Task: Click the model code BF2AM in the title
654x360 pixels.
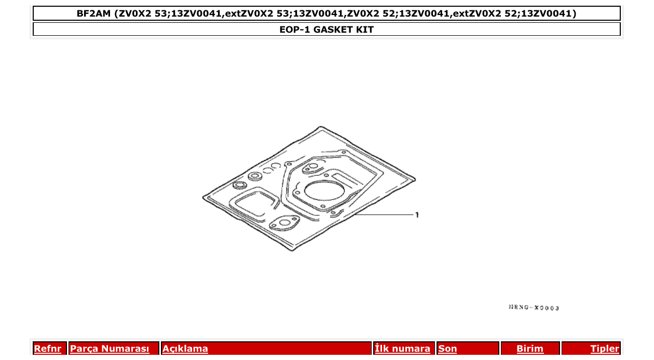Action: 93,13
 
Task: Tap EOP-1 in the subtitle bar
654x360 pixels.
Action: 295,30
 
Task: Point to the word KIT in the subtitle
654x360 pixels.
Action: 364,30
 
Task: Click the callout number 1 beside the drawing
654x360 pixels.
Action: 417,215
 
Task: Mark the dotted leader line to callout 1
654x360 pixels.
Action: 384,214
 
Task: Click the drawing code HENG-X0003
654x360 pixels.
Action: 534,308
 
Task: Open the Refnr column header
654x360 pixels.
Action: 47,349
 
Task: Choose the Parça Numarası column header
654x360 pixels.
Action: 110,349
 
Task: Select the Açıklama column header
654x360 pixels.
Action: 185,349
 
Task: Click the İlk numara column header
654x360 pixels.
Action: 402,349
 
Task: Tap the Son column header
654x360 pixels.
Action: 447,349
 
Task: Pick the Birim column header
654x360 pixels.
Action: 530,349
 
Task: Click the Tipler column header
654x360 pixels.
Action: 604,349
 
